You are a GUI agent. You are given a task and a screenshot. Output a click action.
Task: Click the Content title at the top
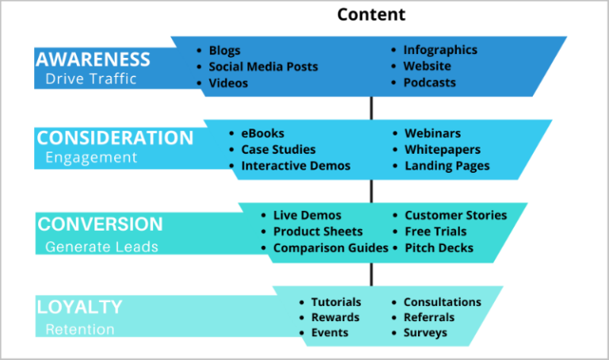click(371, 14)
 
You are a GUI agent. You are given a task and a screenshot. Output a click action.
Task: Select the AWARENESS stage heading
click(93, 59)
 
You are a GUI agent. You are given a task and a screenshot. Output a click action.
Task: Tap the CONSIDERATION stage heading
click(115, 138)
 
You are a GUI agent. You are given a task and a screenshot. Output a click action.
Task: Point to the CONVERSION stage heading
click(100, 224)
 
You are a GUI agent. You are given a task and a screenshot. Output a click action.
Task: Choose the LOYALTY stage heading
click(79, 307)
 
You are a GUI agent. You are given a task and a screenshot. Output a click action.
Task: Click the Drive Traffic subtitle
click(90, 79)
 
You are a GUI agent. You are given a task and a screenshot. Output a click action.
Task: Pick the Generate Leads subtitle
click(101, 247)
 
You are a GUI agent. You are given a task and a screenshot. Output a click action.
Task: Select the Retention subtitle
click(79, 329)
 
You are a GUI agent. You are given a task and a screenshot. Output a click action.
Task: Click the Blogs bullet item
click(224, 50)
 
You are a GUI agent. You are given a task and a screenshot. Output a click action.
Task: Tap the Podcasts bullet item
click(429, 82)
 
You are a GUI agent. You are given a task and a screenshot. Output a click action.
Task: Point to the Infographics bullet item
click(440, 50)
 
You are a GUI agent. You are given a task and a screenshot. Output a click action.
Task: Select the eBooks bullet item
click(262, 133)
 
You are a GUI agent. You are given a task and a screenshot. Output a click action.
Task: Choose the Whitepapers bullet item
click(442, 150)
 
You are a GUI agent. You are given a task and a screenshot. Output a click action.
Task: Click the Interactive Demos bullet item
click(296, 166)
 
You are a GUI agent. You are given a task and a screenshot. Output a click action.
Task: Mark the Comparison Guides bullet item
click(331, 248)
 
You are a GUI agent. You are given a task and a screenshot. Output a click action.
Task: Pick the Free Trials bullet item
click(435, 232)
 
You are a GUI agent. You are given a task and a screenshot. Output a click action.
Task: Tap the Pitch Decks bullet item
click(439, 248)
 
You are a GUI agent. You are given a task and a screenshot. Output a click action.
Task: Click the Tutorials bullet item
click(335, 302)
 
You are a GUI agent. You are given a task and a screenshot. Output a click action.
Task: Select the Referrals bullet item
click(429, 317)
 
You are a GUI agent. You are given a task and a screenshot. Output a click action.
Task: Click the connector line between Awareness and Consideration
click(370, 108)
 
